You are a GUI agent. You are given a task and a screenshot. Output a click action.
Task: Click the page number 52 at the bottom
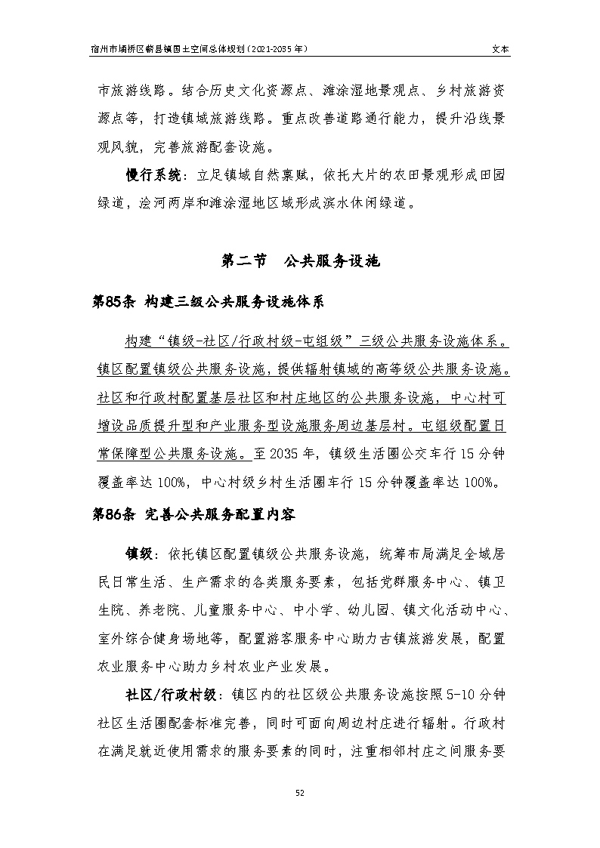coord(299,793)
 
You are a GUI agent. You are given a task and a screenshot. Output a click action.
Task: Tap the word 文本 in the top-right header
coord(500,48)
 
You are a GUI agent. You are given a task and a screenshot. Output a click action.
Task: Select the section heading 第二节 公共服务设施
coord(299,261)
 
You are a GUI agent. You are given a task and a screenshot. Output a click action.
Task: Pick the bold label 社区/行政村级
coord(171,694)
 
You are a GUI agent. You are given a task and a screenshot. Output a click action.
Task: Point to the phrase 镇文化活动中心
coord(453,609)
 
